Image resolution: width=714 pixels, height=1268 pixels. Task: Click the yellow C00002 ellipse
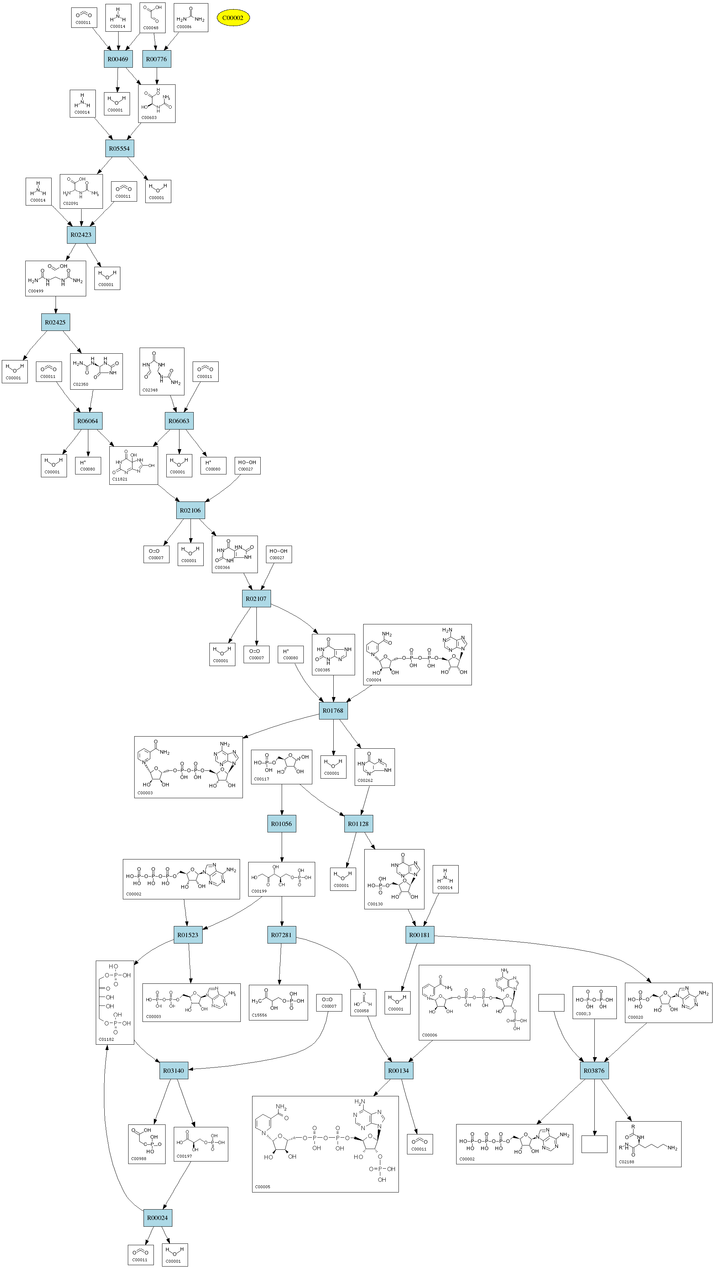[x=233, y=18]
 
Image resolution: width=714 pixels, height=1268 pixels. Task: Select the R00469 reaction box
[x=118, y=59]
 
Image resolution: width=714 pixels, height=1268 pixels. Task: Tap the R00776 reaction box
[x=156, y=59]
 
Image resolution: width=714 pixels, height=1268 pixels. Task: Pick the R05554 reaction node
[x=120, y=148]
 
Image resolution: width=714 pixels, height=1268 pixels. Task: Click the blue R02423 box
[x=81, y=235]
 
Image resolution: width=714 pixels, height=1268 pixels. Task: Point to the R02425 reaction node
[x=55, y=322]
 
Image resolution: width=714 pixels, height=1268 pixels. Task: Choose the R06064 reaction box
[x=88, y=421]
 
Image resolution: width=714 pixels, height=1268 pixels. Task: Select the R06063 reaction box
[x=179, y=421]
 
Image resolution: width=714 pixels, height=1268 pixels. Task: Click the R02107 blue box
[x=256, y=598]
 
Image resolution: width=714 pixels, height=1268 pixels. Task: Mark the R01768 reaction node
[x=333, y=710]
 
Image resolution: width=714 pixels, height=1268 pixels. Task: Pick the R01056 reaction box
[x=281, y=823]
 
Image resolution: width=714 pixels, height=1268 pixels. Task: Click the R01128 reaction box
[x=358, y=823]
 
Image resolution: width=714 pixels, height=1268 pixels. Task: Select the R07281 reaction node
[x=281, y=935]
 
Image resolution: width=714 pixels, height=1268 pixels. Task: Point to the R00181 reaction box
[x=420, y=935]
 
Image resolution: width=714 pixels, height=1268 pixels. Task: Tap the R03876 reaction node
[x=594, y=1071]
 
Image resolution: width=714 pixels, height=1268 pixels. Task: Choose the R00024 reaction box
[x=157, y=1218]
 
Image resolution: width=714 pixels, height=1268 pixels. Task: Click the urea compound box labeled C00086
[x=191, y=18]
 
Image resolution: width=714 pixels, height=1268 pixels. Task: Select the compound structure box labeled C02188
[x=648, y=1144]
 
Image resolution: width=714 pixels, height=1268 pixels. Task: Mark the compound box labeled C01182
[x=115, y=1002]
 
